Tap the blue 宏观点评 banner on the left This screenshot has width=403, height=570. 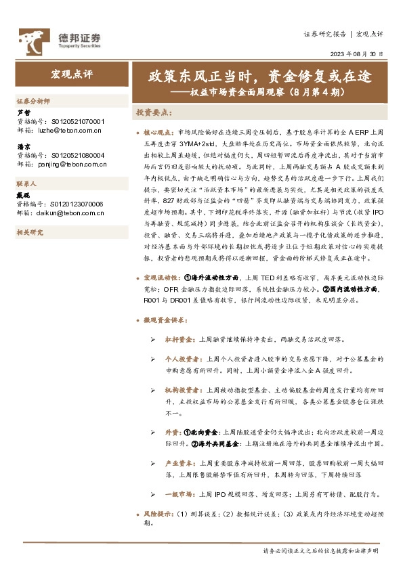pyautogui.click(x=70, y=74)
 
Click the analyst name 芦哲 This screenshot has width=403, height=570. pyautogui.click(x=23, y=112)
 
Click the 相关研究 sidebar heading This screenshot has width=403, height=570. pyautogui.click(x=29, y=232)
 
